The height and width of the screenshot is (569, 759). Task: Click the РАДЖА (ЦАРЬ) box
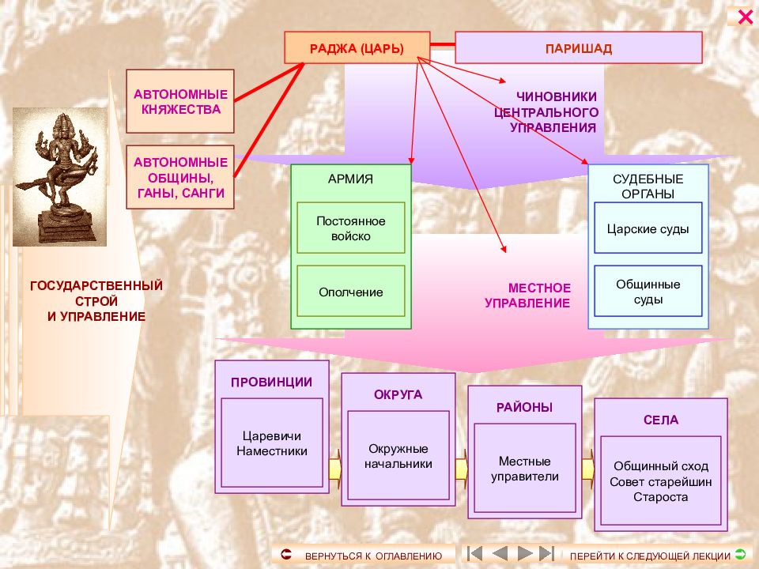click(x=357, y=47)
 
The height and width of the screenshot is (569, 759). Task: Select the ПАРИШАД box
click(x=579, y=47)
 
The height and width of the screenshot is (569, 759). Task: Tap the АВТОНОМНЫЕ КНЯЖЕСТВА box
click(x=180, y=101)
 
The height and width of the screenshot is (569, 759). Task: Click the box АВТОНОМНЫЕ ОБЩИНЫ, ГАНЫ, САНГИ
click(x=180, y=177)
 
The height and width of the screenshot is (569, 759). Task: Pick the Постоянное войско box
click(x=351, y=228)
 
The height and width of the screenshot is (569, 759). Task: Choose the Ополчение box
click(x=351, y=292)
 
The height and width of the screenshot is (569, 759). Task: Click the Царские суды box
click(x=648, y=228)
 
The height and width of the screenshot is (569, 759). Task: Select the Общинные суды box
click(x=648, y=292)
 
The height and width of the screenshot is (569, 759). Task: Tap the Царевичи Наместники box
click(x=272, y=443)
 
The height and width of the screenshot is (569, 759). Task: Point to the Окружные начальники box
click(x=398, y=455)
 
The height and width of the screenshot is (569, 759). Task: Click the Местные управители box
click(x=525, y=468)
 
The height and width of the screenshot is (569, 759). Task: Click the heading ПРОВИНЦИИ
click(x=271, y=382)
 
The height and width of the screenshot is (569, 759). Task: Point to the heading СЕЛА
click(x=661, y=420)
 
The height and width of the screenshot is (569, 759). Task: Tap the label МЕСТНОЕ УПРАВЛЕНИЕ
click(x=527, y=295)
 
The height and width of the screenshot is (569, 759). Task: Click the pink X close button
click(x=745, y=17)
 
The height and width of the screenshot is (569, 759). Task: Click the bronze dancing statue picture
click(x=59, y=176)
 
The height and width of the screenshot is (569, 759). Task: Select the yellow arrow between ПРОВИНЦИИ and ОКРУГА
click(x=335, y=469)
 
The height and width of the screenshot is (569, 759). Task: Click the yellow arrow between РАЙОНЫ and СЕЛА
click(x=588, y=469)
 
